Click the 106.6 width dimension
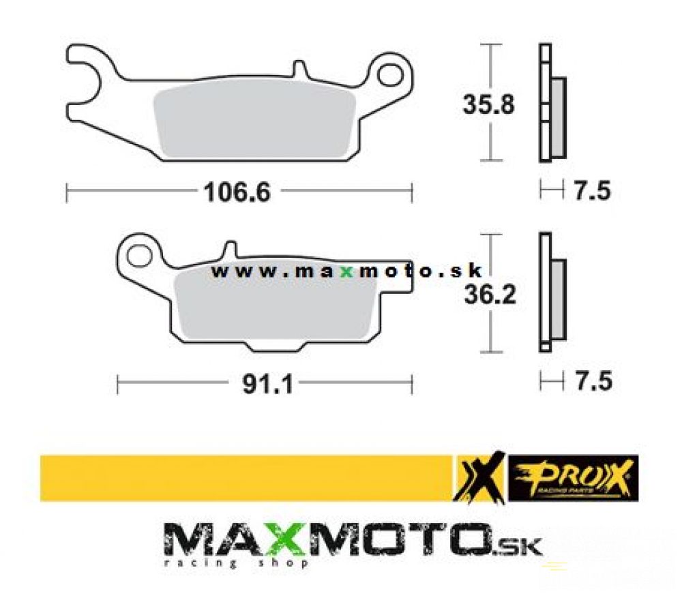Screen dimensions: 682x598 pos(237,192)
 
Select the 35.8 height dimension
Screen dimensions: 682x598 pos(488,104)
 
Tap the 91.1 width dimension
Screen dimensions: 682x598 pos(268,384)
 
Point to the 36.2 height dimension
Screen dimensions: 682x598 pos(490,295)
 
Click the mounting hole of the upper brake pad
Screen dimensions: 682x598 pos(389,75)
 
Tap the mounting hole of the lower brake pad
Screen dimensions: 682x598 pos(138,256)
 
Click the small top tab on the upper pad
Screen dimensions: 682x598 pos(299,69)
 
